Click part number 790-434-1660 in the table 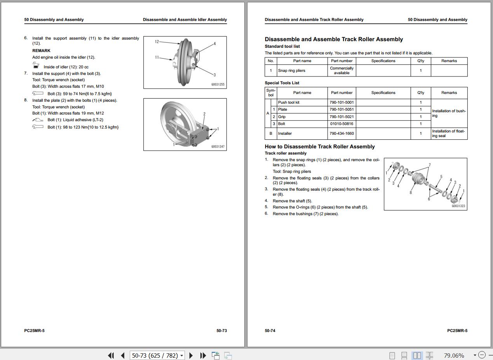pyautogui.click(x=341, y=134)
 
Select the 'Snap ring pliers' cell pyautogui.click(x=292, y=71)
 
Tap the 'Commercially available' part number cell pyautogui.click(x=341, y=71)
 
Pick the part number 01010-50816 pyautogui.click(x=341, y=124)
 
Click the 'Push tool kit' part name pyautogui.click(x=289, y=103)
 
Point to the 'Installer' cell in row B pyautogui.click(x=285, y=134)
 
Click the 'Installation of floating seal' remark pyautogui.click(x=448, y=134)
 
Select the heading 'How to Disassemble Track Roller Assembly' pyautogui.click(x=320, y=147)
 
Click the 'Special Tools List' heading pyautogui.click(x=282, y=83)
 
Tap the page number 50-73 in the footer pyautogui.click(x=221, y=331)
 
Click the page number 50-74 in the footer pyautogui.click(x=270, y=331)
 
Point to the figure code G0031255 pyautogui.click(x=218, y=84)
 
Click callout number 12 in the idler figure pyautogui.click(x=157, y=42)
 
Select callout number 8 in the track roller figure pyautogui.click(x=411, y=193)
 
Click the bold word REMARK pyautogui.click(x=41, y=51)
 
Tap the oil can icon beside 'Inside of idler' pyautogui.click(x=36, y=66)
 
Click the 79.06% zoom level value pyautogui.click(x=454, y=355)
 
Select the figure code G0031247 pyautogui.click(x=218, y=146)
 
